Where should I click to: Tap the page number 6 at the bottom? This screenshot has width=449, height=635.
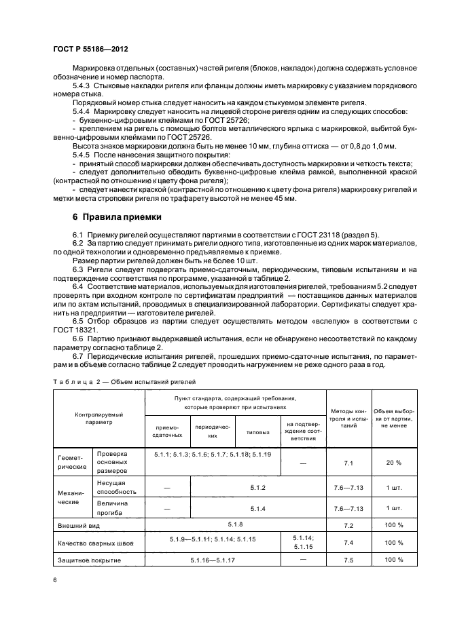coord(55,579)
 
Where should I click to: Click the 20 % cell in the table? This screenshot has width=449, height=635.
coord(393,462)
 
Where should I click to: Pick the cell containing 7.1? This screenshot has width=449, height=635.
coord(349,462)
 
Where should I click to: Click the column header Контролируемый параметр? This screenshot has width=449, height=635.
coord(98,417)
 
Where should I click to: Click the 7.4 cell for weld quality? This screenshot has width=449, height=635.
coord(349,543)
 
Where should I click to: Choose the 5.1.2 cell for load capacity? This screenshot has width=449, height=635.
coord(257,488)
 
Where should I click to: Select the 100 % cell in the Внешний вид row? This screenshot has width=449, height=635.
coord(393,525)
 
